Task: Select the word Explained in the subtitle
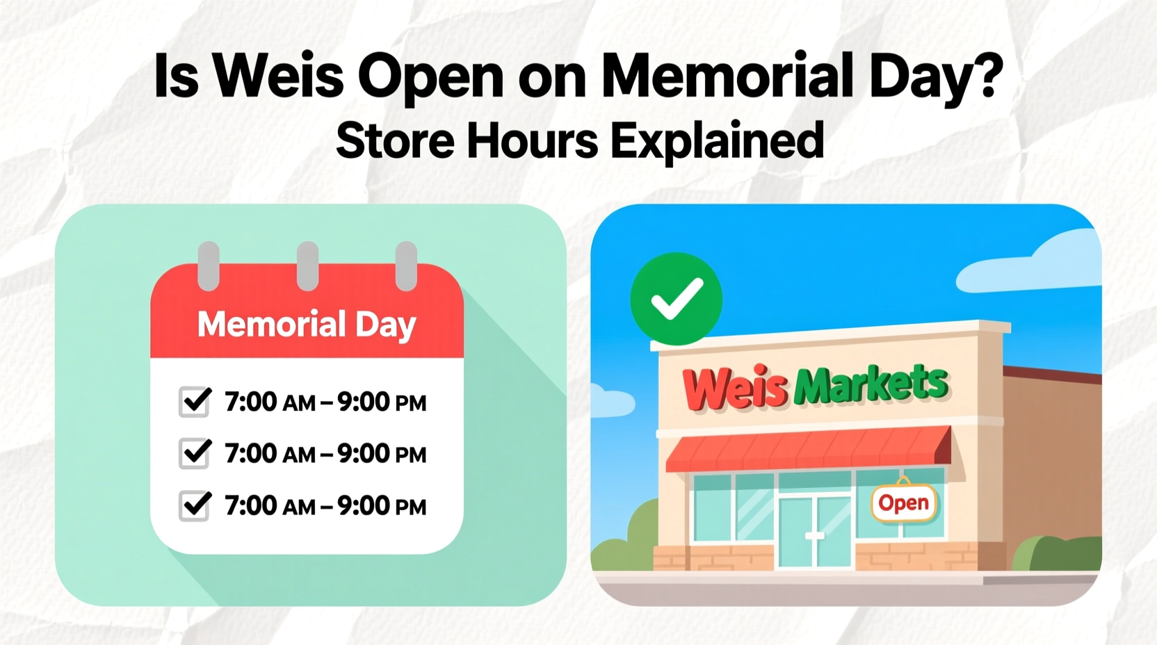tap(717, 141)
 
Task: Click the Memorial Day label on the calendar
tap(307, 325)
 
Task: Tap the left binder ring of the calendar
tap(209, 266)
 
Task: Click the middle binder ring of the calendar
tap(307, 266)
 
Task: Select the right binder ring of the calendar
tap(406, 266)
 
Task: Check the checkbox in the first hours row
tap(195, 401)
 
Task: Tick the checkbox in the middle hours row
tap(195, 453)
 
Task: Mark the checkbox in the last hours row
tap(195, 505)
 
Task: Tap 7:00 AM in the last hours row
tap(270, 506)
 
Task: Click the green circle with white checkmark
tap(676, 299)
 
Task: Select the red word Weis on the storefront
tap(735, 388)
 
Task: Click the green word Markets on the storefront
tap(871, 384)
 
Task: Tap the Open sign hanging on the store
tap(903, 503)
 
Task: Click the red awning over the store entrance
tap(807, 449)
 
